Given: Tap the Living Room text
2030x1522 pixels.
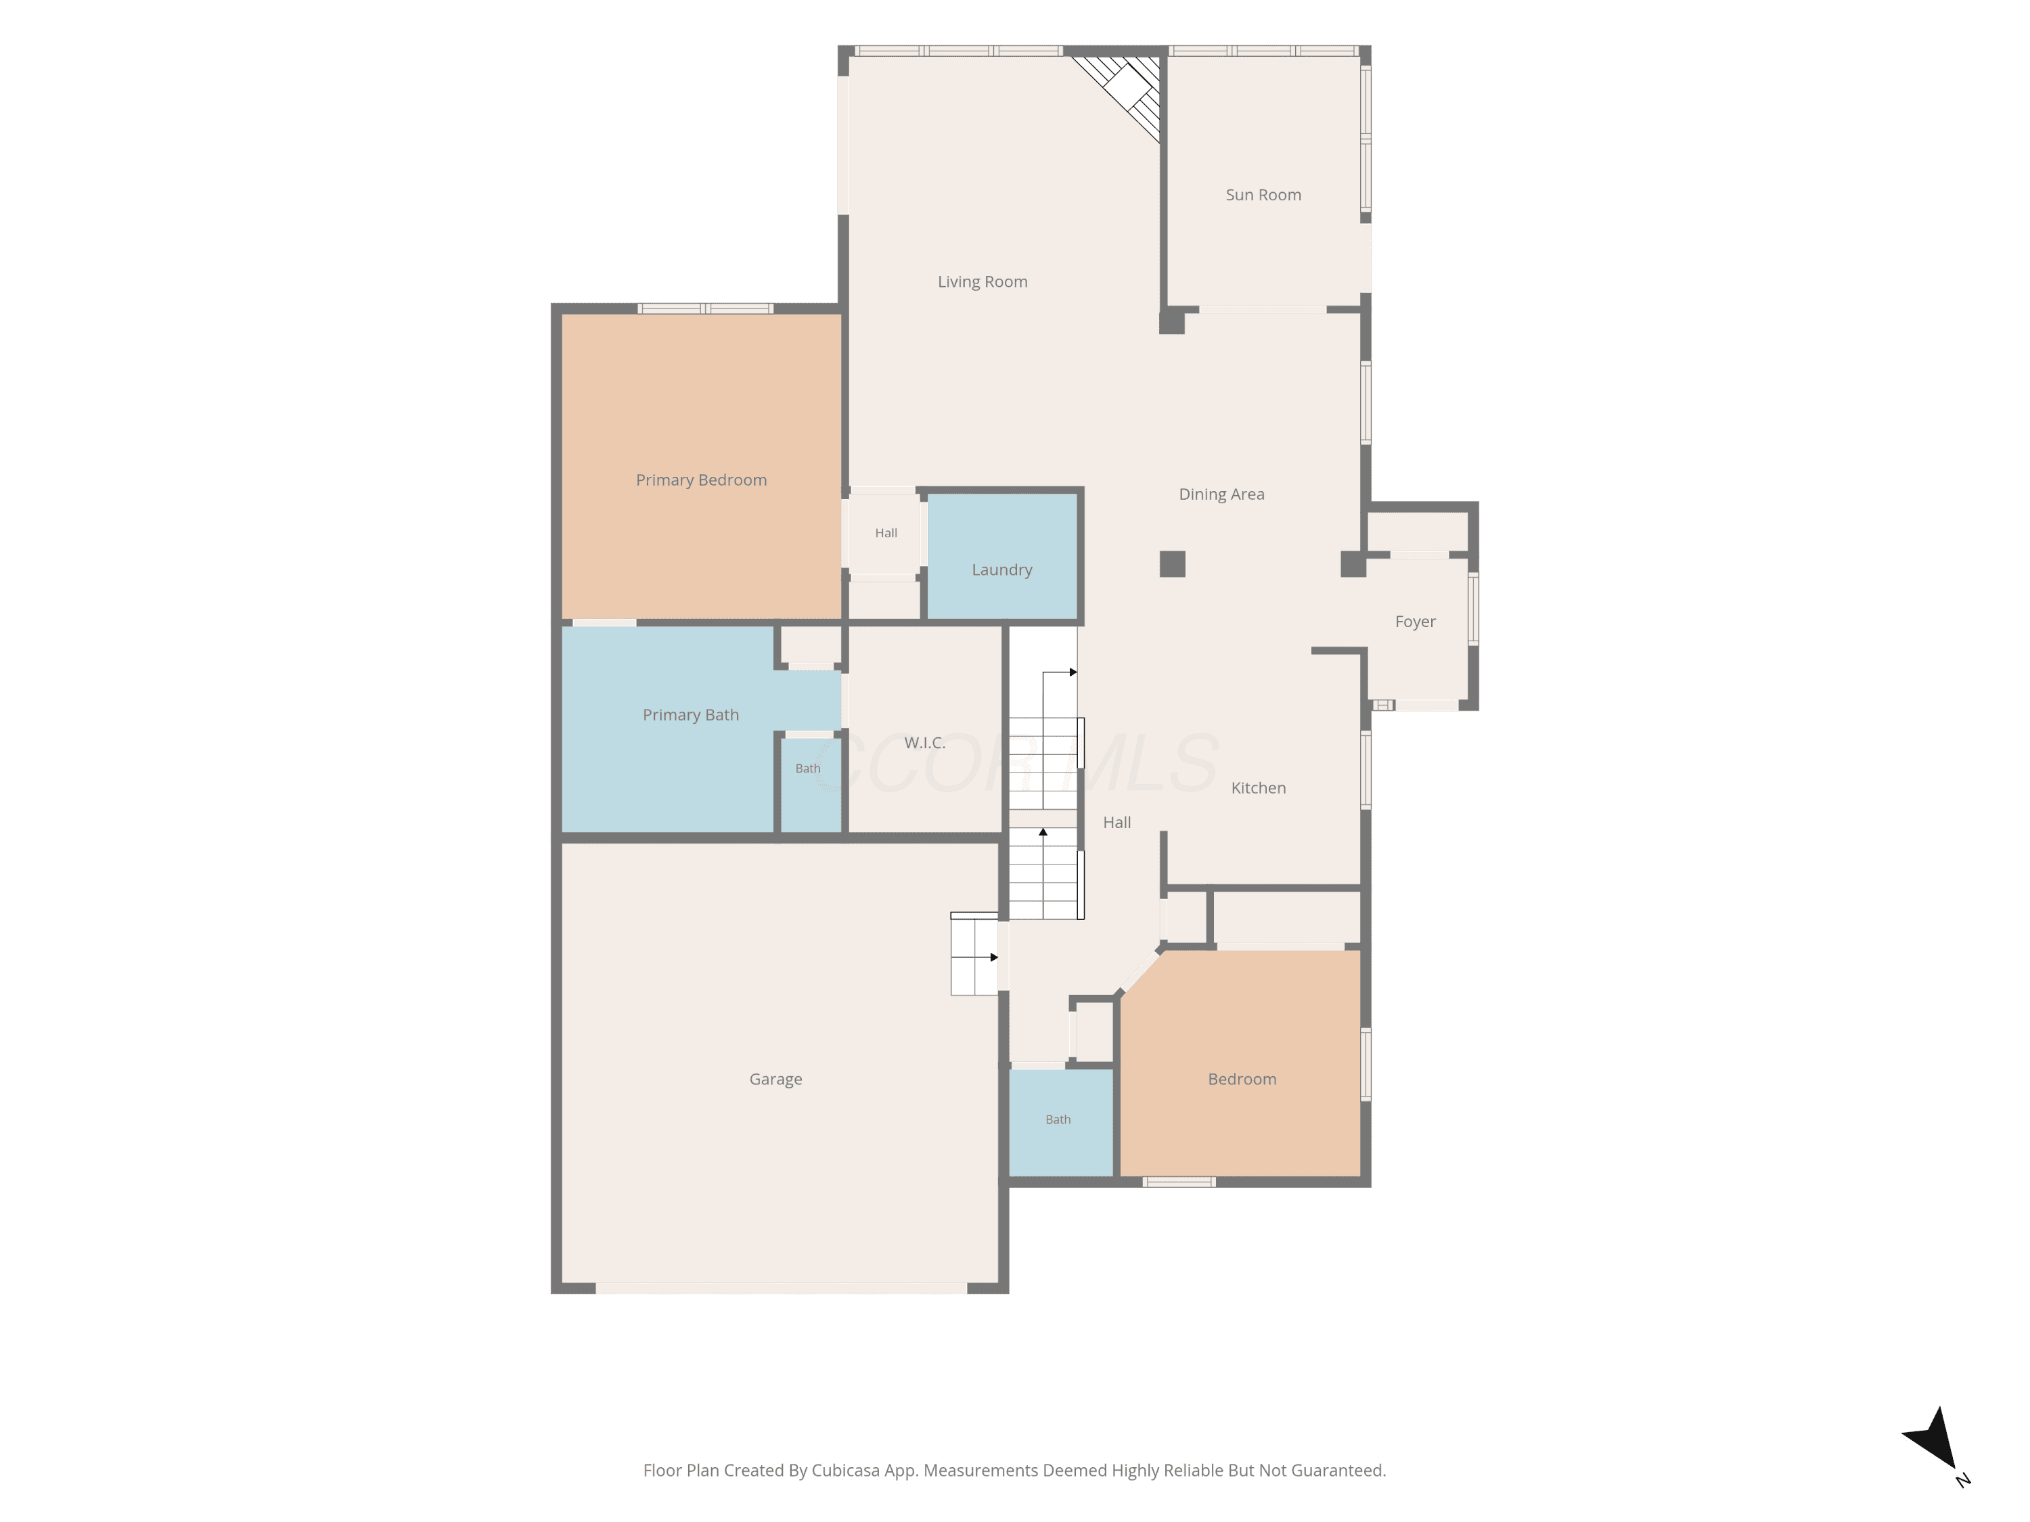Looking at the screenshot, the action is [982, 281].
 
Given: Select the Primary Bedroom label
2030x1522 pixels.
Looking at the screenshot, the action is [701, 480].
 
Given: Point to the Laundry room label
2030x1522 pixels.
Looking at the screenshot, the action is [1002, 570].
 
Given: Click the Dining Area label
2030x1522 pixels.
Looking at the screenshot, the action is [1221, 494].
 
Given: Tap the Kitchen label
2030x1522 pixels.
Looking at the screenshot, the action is [1258, 788].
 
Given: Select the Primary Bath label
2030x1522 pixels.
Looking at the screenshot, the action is [690, 715].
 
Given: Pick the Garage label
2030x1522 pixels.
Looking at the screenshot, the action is [775, 1080].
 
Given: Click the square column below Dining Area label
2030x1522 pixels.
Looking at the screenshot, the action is [1172, 564].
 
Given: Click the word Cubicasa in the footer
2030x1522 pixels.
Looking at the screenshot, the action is [845, 1471].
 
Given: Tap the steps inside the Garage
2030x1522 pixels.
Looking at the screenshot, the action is [974, 954].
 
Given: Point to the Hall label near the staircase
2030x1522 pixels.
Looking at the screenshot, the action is [1117, 823].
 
